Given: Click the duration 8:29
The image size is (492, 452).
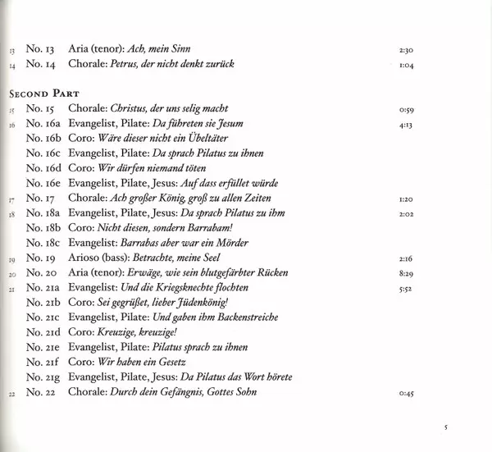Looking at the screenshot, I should pos(405,273).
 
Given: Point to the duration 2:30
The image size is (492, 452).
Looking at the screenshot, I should pos(405,49).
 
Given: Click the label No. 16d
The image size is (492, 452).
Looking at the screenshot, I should pos(52,168).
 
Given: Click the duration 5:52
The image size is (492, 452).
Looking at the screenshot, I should pos(405,288).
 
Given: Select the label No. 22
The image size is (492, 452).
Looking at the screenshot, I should pos(48,392).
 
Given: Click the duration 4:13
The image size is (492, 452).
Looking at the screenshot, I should pos(405,124).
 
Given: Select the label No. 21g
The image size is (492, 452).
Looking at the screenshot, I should pos(52,377).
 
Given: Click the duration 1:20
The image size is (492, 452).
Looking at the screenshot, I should pos(405,199).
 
